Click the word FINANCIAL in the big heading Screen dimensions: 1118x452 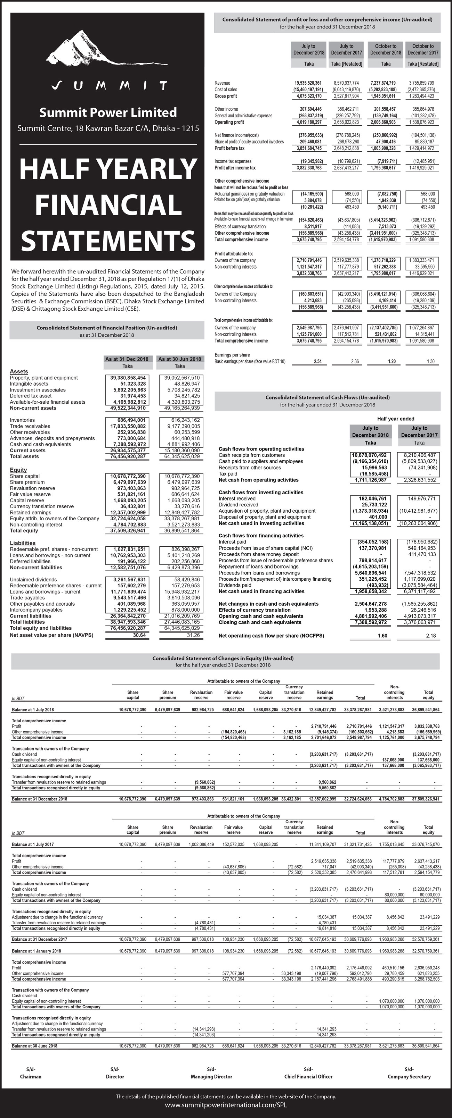[108, 204]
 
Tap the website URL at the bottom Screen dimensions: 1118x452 [226, 1104]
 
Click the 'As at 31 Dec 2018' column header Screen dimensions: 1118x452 [127, 359]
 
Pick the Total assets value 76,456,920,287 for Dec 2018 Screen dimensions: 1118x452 [128, 456]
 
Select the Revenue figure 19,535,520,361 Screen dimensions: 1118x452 [308, 83]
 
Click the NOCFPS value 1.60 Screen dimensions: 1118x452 [382, 636]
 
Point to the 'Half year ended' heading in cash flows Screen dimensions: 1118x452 [396, 419]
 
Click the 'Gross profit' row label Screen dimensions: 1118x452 [226, 96]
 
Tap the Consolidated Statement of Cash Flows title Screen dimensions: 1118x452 [327, 397]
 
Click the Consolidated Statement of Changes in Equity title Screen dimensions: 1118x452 [223, 658]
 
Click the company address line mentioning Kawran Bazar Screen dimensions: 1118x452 [108, 128]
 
